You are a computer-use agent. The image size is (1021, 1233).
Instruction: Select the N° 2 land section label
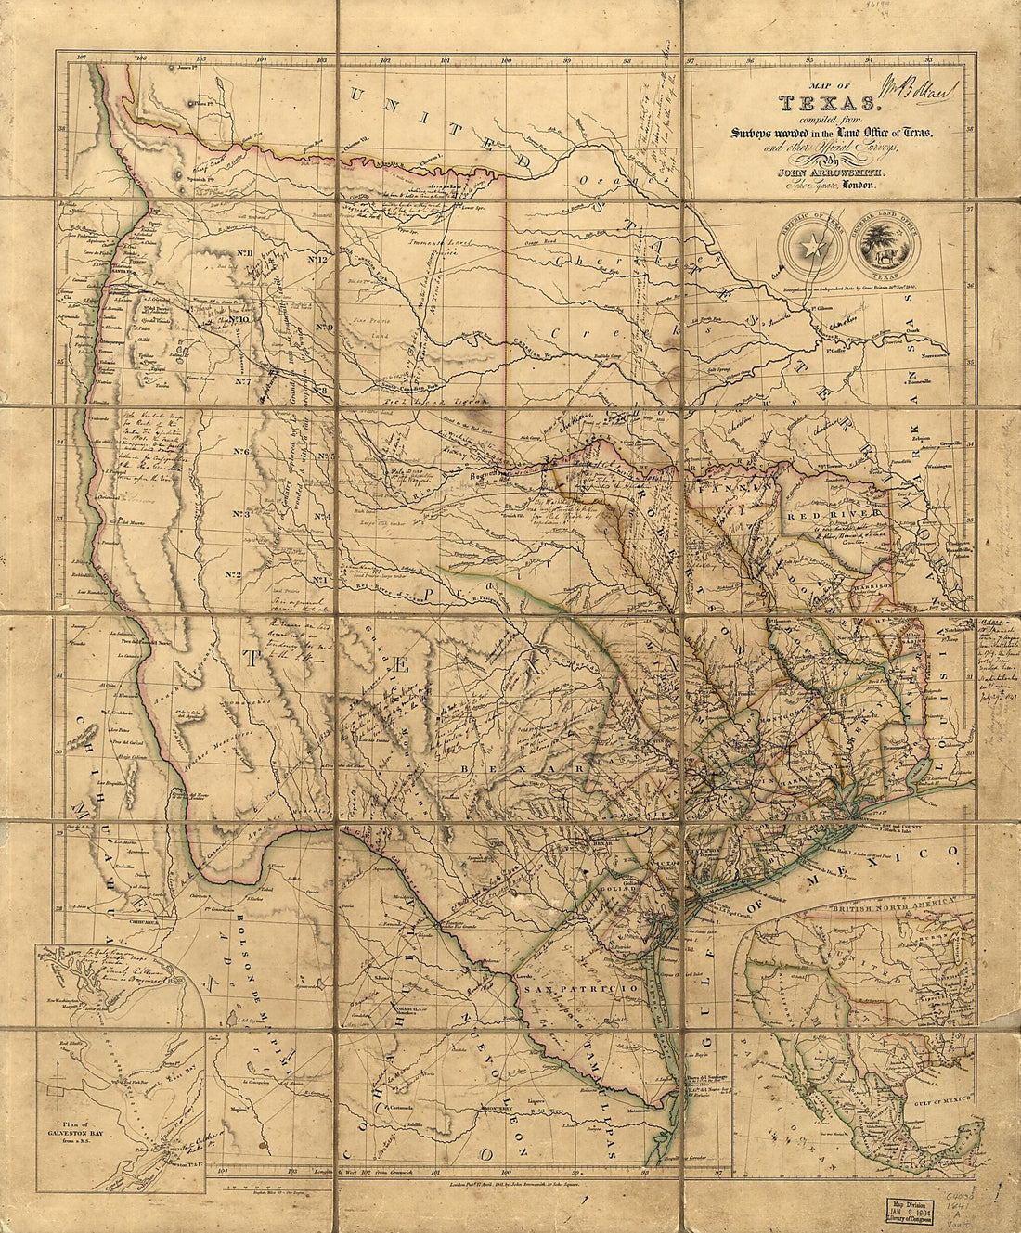click(x=232, y=575)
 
